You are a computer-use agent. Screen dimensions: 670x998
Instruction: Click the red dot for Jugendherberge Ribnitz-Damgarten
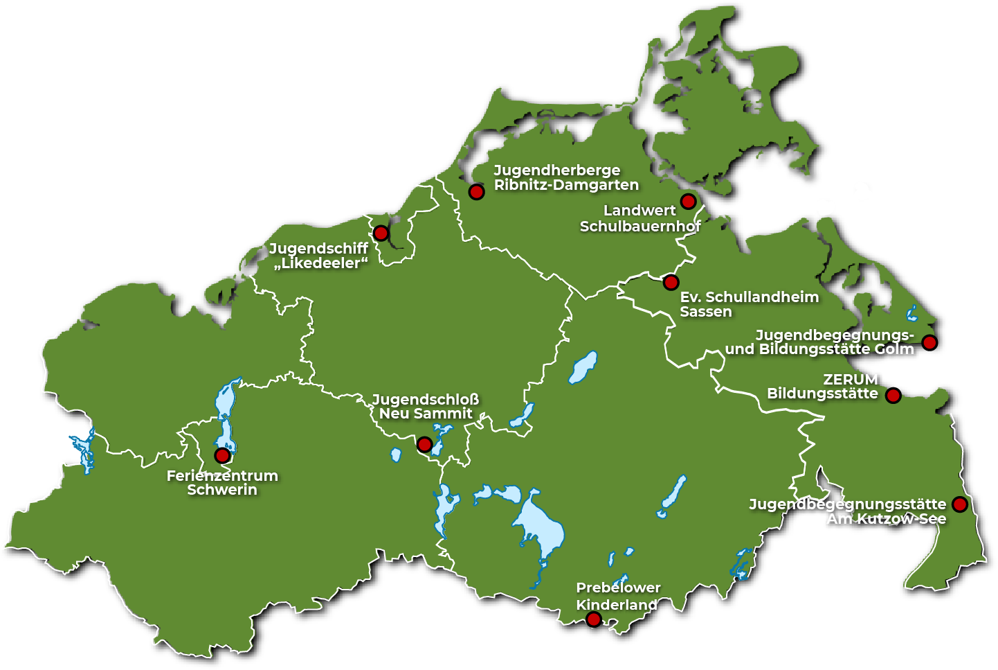[476, 192]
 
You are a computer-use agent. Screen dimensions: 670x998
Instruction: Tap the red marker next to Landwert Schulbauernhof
[688, 202]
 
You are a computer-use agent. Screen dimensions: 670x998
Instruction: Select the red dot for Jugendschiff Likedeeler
[381, 233]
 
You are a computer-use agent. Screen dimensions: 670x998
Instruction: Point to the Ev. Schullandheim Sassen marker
[671, 283]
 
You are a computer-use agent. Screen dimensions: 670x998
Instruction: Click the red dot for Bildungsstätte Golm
[929, 342]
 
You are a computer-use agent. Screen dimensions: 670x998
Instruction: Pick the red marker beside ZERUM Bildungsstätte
[893, 396]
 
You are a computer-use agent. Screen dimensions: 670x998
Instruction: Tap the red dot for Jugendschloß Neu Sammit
[425, 444]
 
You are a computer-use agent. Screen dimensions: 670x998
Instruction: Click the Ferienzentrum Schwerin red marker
[222, 455]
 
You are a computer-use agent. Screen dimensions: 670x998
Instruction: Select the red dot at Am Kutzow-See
[959, 504]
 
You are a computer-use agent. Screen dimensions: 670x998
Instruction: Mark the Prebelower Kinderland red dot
[594, 619]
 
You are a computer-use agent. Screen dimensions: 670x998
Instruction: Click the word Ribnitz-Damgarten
[566, 185]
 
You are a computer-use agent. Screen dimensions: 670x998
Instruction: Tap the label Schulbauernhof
[640, 227]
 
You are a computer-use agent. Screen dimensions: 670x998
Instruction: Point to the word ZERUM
[851, 380]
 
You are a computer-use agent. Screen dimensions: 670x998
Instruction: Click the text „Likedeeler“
[321, 263]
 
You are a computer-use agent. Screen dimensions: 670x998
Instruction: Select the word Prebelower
[618, 588]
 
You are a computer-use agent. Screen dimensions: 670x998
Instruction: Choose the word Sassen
[706, 312]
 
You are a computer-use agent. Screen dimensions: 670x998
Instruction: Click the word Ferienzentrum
[222, 476]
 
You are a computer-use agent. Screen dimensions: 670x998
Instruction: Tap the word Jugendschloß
[426, 400]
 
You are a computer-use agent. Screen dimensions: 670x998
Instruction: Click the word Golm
[894, 349]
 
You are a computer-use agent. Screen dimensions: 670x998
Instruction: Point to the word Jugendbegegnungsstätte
[847, 504]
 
